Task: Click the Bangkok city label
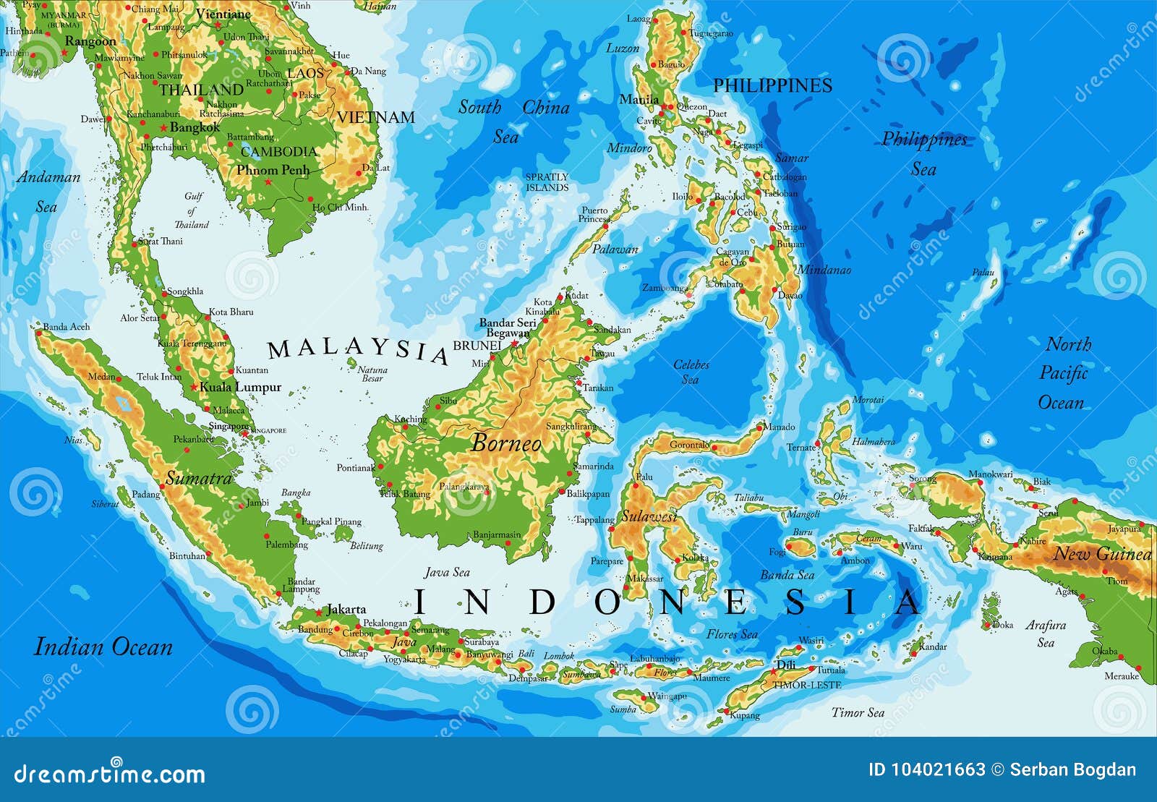[x=195, y=127]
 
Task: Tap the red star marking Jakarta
[x=318, y=612]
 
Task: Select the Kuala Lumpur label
[x=240, y=387]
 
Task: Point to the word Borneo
[x=506, y=443]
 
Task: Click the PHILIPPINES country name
[x=772, y=85]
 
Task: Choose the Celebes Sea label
[x=691, y=372]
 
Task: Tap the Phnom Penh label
[x=273, y=171]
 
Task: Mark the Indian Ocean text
[x=103, y=647]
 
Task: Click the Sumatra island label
[x=199, y=478]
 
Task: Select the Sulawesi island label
[x=649, y=516]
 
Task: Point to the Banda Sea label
[x=787, y=576]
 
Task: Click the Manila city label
[x=639, y=100]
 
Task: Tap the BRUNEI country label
[x=477, y=346]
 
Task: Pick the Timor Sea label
[x=858, y=712]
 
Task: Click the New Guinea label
[x=1102, y=555]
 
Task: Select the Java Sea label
[x=447, y=572]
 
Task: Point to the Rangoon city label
[x=90, y=42]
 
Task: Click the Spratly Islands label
[x=547, y=182]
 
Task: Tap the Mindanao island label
[x=824, y=270]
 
